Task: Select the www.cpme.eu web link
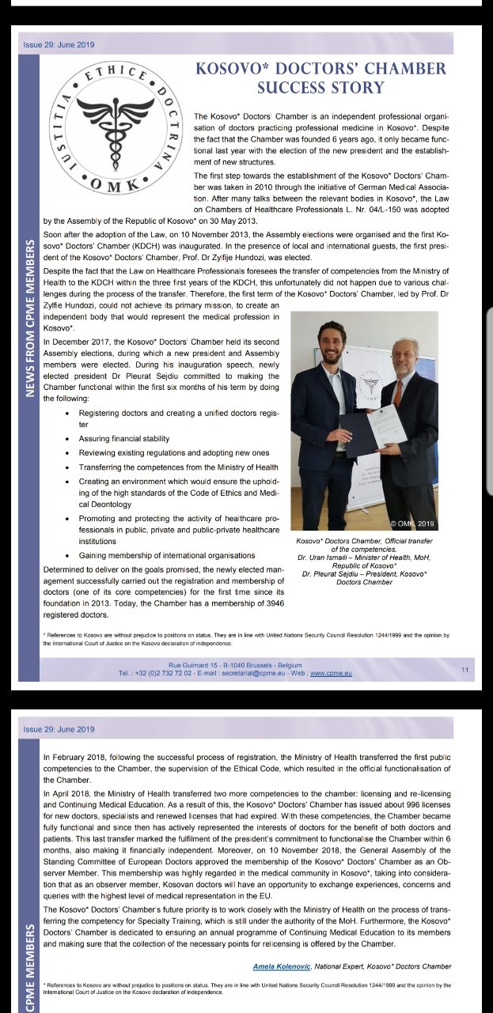click(x=331, y=674)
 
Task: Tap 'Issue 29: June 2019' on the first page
click(x=59, y=45)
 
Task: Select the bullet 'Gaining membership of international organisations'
click(x=167, y=555)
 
